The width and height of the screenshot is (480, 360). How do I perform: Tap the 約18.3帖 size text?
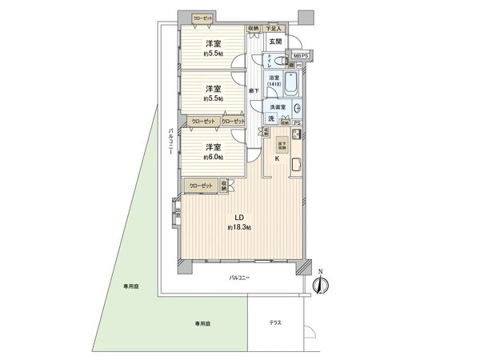coord(238,228)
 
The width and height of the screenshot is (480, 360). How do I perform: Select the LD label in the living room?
coord(238,217)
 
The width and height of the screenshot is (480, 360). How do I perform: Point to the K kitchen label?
coord(277,158)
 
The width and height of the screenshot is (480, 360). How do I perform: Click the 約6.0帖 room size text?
coord(212,157)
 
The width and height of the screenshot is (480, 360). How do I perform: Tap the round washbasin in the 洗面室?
coord(298,109)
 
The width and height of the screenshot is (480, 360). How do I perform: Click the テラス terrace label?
coord(275,322)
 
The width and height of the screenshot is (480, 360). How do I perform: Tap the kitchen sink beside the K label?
coord(296,167)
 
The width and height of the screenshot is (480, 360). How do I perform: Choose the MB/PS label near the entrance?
coord(298,54)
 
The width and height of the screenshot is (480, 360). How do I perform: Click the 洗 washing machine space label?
coord(271,119)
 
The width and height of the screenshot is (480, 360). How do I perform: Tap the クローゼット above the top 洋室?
coord(203,18)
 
